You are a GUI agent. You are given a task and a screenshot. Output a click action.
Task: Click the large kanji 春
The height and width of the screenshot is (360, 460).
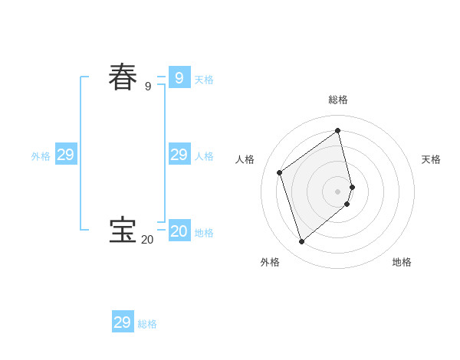pyautogui.click(x=123, y=77)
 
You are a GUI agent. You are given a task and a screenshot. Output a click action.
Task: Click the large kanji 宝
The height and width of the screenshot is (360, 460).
pyautogui.click(x=123, y=231)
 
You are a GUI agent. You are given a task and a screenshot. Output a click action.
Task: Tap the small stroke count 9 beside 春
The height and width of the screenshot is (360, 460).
pyautogui.click(x=148, y=87)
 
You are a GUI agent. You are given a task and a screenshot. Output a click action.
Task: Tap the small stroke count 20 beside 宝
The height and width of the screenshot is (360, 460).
pyautogui.click(x=147, y=240)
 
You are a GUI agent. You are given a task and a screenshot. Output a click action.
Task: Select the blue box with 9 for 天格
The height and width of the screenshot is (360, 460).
pyautogui.click(x=179, y=77)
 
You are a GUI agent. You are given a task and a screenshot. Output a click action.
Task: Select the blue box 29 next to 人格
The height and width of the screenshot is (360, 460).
pyautogui.click(x=179, y=155)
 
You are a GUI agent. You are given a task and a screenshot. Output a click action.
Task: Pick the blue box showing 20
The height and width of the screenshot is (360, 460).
pyautogui.click(x=179, y=231)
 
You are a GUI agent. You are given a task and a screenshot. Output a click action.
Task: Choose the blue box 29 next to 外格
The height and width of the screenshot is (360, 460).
pyautogui.click(x=66, y=155)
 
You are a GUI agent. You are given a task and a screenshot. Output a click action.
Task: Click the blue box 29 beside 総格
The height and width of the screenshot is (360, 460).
pyautogui.click(x=123, y=322)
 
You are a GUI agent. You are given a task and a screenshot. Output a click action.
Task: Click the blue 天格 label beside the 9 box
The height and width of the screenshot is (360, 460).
pyautogui.click(x=204, y=80)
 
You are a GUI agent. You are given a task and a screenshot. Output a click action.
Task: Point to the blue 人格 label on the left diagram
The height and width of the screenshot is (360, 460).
pyautogui.click(x=204, y=156)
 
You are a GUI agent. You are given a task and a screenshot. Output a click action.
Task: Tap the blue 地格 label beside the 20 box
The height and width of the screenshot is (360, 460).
pyautogui.click(x=204, y=233)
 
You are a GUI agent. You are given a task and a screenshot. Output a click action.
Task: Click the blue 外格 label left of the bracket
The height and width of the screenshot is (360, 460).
pyautogui.click(x=41, y=156)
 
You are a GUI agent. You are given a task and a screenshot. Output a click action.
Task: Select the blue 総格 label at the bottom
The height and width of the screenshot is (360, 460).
pyautogui.click(x=147, y=325)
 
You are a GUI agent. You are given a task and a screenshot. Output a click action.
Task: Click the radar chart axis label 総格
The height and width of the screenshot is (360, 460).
pyautogui.click(x=338, y=100)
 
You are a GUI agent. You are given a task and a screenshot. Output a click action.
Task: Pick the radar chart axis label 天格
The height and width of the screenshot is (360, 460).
pyautogui.click(x=431, y=159)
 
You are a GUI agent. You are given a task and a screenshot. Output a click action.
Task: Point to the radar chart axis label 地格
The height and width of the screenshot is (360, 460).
pyautogui.click(x=402, y=262)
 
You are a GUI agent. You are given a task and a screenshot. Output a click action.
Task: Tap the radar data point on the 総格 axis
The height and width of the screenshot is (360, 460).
pyautogui.click(x=338, y=130)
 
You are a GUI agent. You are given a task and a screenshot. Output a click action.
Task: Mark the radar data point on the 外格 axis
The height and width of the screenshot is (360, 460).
pyautogui.click(x=302, y=241)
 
